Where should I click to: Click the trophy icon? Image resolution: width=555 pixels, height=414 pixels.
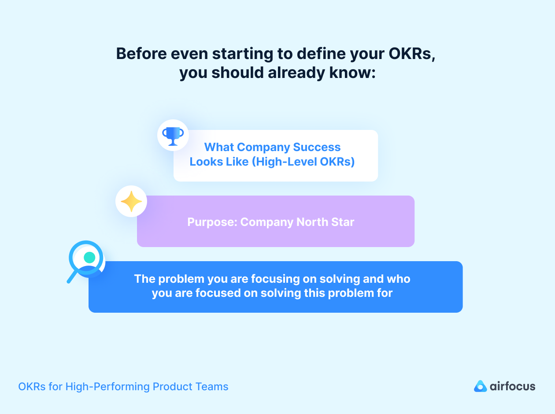(173, 135)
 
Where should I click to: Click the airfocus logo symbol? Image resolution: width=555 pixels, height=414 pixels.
(480, 386)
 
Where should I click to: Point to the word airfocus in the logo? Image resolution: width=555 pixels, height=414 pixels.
(512, 387)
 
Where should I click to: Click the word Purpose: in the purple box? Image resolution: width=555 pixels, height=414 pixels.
(212, 222)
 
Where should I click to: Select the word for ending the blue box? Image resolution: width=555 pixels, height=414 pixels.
(385, 293)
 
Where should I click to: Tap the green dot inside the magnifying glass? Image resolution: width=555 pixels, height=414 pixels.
(89, 257)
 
